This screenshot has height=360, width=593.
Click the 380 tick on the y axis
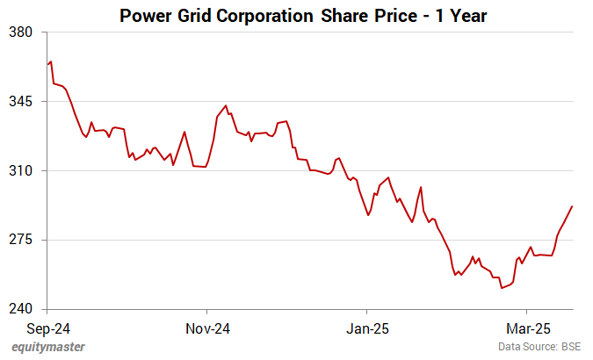[21, 32]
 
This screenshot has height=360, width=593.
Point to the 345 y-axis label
[21, 102]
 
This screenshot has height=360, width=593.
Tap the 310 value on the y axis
[21, 170]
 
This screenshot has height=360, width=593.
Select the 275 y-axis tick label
[21, 240]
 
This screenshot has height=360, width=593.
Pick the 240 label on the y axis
[21, 309]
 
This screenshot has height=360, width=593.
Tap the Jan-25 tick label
[366, 329]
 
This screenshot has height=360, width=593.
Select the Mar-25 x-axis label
[526, 329]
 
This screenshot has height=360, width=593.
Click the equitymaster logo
[49, 347]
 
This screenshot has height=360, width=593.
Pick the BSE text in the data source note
[573, 348]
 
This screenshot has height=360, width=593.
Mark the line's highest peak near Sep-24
[51, 61]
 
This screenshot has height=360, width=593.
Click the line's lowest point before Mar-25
[502, 288]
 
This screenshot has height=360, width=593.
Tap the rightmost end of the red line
[572, 206]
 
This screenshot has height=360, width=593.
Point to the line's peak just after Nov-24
[226, 105]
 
